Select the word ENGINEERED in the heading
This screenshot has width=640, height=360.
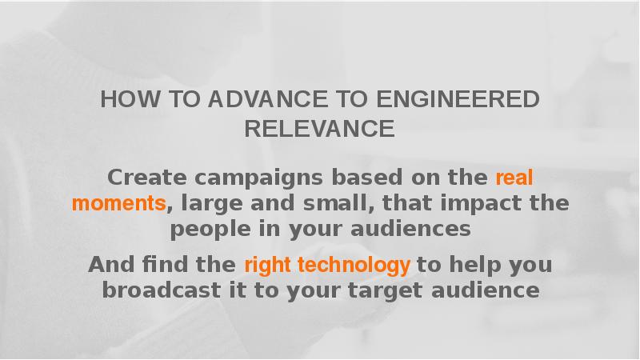click(458, 99)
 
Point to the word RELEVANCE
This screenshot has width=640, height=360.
click(319, 129)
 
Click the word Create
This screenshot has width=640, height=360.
click(147, 178)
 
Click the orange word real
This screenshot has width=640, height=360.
click(514, 178)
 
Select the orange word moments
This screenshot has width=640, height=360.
click(118, 203)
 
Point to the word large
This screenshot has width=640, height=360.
click(212, 204)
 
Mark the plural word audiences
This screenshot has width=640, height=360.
click(410, 228)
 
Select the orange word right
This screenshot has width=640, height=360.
click(268, 266)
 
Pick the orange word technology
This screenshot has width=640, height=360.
click(354, 266)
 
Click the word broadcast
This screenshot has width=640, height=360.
click(162, 290)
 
